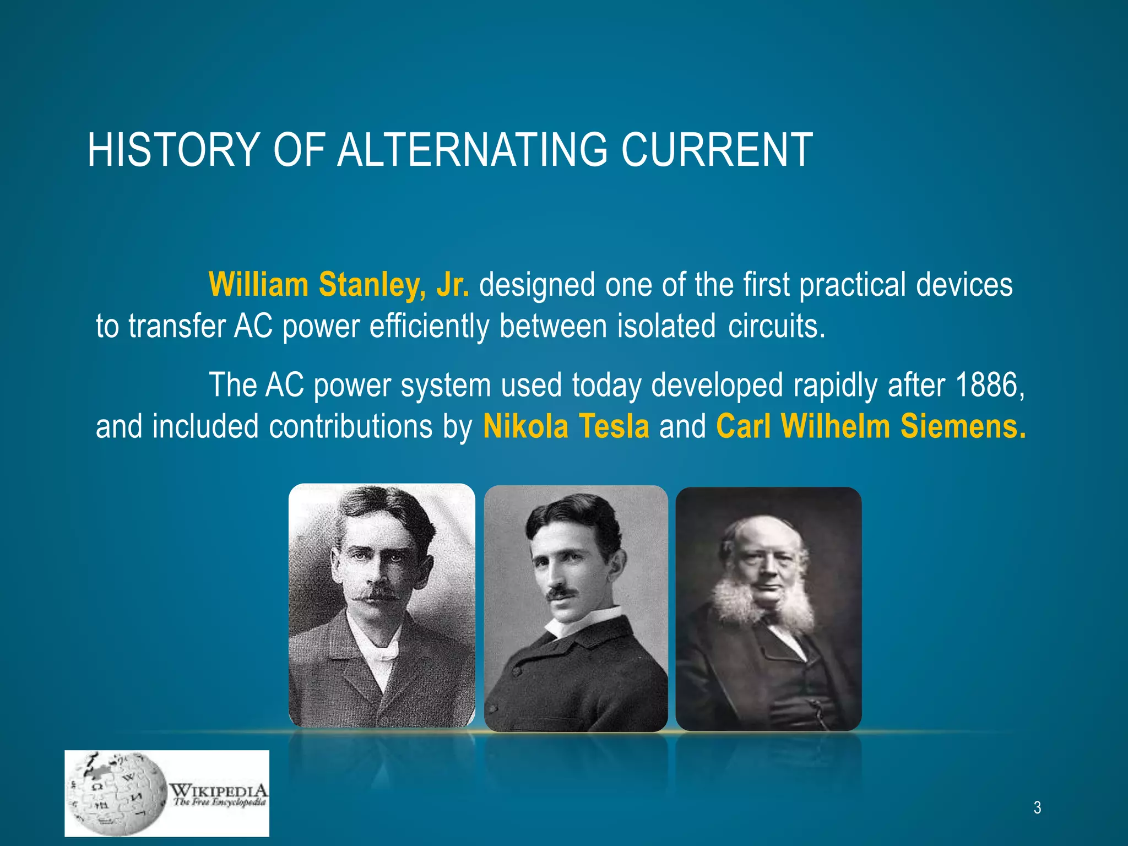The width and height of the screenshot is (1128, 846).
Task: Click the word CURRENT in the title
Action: (717, 150)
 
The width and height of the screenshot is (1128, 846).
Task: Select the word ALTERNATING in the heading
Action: (472, 150)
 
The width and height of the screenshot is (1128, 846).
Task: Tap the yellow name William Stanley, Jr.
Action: (339, 285)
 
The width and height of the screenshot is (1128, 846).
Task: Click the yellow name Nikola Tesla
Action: (566, 427)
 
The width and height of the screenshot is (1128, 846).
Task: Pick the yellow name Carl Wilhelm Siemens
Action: (871, 427)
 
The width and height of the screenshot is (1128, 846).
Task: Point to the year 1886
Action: (990, 384)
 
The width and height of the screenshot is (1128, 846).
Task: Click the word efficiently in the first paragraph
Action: (429, 326)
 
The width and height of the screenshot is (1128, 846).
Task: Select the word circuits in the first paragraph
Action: (776, 326)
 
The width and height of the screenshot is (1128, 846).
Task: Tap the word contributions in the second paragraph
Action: (351, 427)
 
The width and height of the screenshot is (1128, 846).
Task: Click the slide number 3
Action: (1037, 807)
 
